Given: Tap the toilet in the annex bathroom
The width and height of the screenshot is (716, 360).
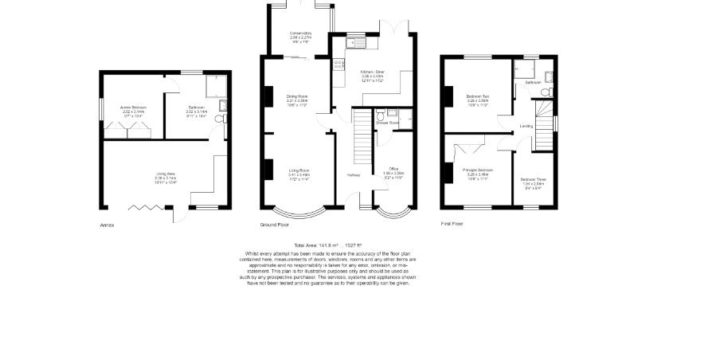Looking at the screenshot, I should click(220, 119).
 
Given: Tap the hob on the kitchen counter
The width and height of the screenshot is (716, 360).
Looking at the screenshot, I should click(338, 65).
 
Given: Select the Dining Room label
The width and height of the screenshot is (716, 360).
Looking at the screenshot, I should click(297, 96).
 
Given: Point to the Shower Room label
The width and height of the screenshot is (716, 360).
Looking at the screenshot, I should click(388, 123).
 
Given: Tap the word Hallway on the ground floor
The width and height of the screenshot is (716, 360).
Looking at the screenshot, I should click(354, 175).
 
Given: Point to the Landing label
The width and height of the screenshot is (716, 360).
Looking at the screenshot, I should click(526, 126).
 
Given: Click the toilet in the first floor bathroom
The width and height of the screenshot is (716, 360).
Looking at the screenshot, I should click(546, 92).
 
